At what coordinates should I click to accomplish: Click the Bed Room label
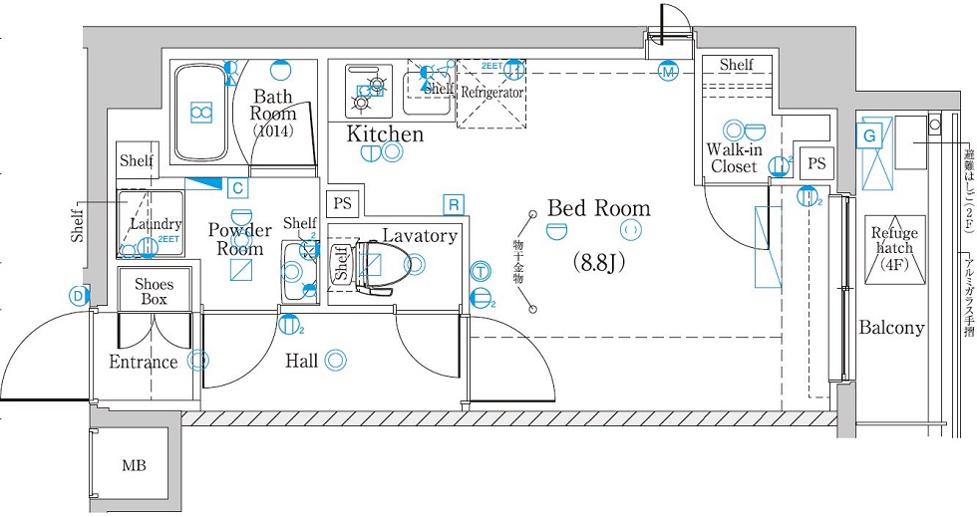tap(598, 209)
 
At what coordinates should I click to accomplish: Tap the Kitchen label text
tap(385, 133)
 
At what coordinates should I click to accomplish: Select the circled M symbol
tap(668, 72)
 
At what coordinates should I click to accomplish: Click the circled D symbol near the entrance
tap(77, 295)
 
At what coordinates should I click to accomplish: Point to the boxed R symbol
tap(454, 204)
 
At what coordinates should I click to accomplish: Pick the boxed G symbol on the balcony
tap(870, 134)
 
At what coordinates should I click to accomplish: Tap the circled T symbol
tap(481, 271)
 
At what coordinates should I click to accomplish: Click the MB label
tap(133, 465)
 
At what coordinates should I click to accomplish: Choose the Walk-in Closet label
tap(735, 158)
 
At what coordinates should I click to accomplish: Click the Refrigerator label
tap(491, 92)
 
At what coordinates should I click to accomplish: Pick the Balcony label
tap(892, 327)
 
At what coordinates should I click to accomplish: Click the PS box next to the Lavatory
tap(342, 203)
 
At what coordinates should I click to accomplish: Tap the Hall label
tap(301, 361)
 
